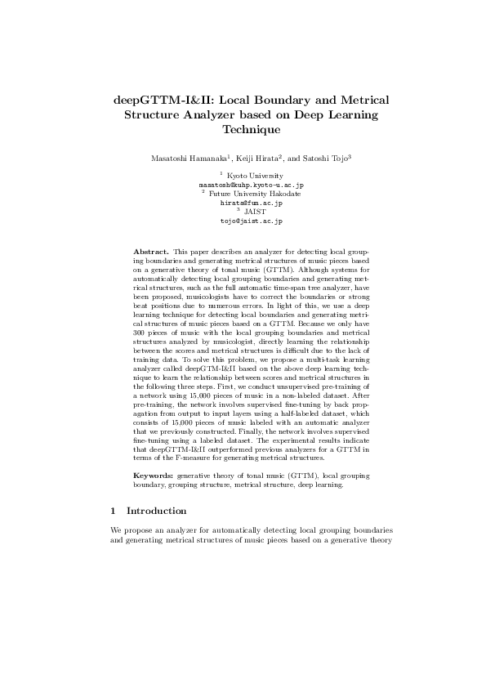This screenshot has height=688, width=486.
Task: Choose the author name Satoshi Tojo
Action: coord(328,155)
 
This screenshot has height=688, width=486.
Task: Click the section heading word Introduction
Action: coord(158,510)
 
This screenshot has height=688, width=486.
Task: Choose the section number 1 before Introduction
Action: coord(113,510)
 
